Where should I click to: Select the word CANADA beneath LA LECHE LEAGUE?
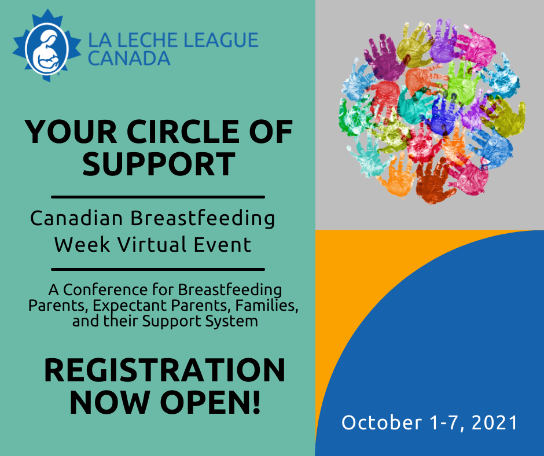129,58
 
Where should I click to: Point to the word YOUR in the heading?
71,132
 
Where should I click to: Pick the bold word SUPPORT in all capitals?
159,164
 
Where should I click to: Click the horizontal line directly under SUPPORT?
158,197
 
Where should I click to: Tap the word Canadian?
76,218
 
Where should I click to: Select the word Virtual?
152,244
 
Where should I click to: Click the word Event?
222,244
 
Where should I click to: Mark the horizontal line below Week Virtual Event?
158,269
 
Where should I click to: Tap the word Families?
267,306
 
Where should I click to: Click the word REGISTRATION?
164,370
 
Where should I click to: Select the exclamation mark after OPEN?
256,402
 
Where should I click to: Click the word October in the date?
381,422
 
